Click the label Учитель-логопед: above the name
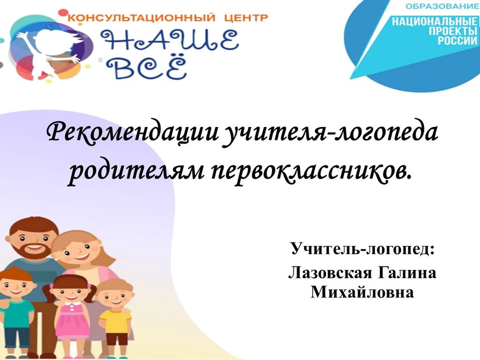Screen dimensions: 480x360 (x=362, y=248)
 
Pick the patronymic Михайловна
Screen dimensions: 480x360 (x=362, y=292)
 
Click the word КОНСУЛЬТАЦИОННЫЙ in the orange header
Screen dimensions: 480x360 (x=141, y=17)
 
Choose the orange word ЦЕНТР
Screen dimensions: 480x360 (x=246, y=18)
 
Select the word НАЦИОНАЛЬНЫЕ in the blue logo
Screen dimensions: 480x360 (x=435, y=22)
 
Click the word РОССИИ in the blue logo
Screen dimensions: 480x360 (x=457, y=40)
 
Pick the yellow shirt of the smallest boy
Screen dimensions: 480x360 (x=115, y=322)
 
